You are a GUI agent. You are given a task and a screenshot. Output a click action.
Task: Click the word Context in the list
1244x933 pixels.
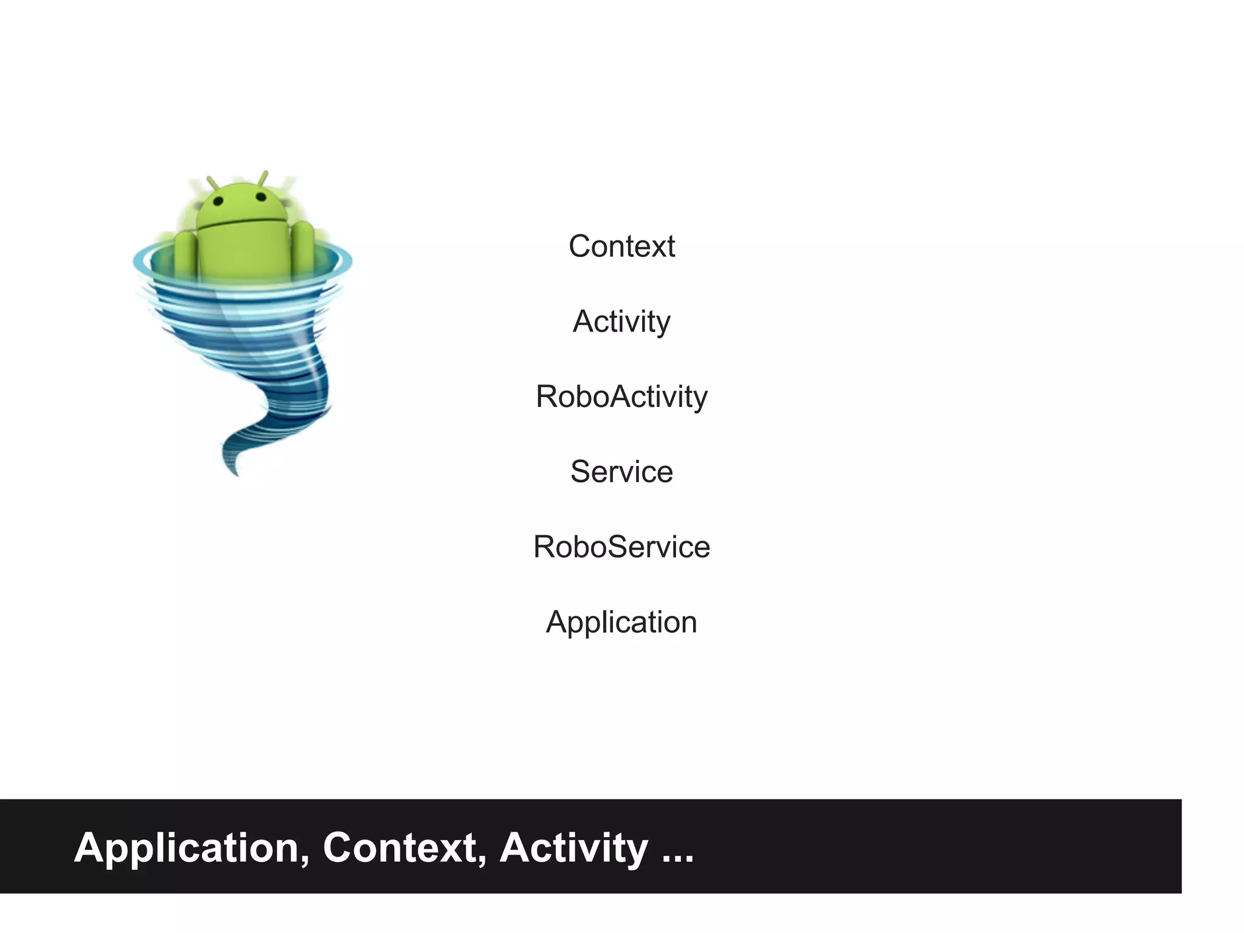pyautogui.click(x=621, y=247)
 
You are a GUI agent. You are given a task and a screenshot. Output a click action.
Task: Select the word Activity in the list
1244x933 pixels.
pyautogui.click(x=621, y=321)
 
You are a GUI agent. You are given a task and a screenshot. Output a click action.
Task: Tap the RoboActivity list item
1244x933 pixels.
pyautogui.click(x=621, y=397)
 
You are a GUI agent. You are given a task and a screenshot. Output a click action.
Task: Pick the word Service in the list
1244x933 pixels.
pyautogui.click(x=621, y=472)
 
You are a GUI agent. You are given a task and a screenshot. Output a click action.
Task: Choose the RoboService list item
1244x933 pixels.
pyautogui.click(x=621, y=547)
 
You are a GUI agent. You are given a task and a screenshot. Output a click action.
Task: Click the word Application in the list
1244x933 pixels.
pyautogui.click(x=621, y=622)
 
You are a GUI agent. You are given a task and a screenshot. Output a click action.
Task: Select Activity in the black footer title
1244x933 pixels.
pyautogui.click(x=573, y=848)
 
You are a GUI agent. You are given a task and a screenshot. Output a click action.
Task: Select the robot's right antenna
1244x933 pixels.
pyautogui.click(x=263, y=177)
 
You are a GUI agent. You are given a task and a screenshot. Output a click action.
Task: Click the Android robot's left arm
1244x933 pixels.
pyautogui.click(x=185, y=252)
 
